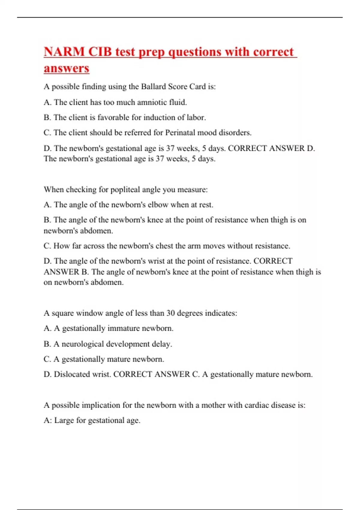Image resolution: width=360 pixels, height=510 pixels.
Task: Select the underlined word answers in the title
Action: [x=66, y=68]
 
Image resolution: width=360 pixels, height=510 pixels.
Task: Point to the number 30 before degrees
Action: [x=170, y=313]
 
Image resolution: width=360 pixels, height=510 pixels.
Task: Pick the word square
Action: [x=63, y=313]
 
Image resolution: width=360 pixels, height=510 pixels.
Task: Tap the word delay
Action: [x=162, y=344]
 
